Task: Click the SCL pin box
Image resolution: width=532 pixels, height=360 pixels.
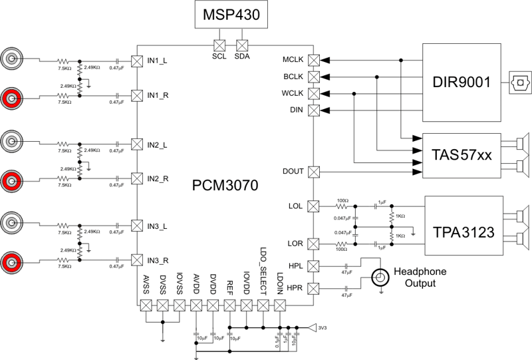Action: [219, 45]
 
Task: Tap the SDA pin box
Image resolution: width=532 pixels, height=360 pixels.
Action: [242, 45]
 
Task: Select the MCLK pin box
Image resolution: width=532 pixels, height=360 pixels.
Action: [315, 61]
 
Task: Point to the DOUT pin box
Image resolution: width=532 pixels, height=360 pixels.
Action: [315, 172]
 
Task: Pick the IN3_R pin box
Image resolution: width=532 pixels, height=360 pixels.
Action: [136, 259]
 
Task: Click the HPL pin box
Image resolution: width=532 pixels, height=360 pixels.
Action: [315, 266]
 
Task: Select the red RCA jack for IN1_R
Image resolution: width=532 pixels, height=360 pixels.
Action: [12, 98]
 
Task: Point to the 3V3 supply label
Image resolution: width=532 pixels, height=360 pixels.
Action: [322, 327]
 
